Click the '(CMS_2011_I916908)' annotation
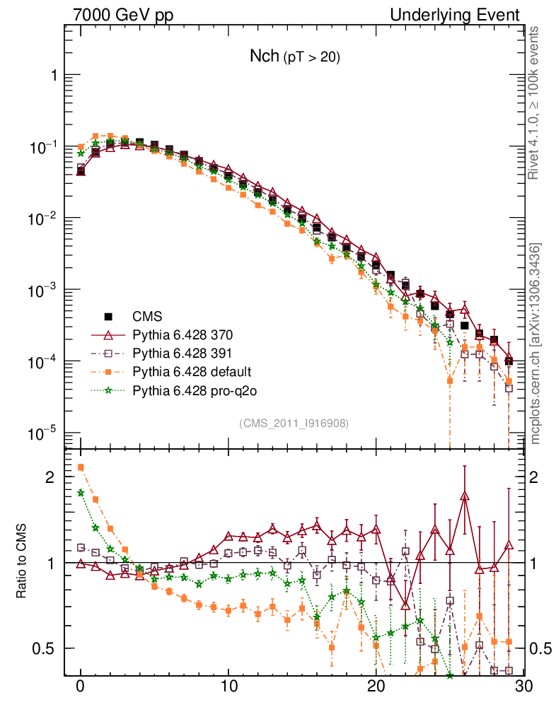tap(294, 423)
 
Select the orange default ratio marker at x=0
tap(81, 467)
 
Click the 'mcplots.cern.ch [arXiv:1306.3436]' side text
tap(536, 344)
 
